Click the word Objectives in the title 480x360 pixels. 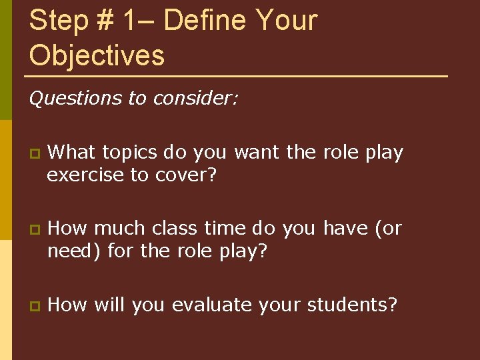[97, 55]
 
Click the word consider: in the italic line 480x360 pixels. [195, 99]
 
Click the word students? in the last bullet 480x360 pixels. [352, 305]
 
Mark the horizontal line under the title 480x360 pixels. [237, 76]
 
